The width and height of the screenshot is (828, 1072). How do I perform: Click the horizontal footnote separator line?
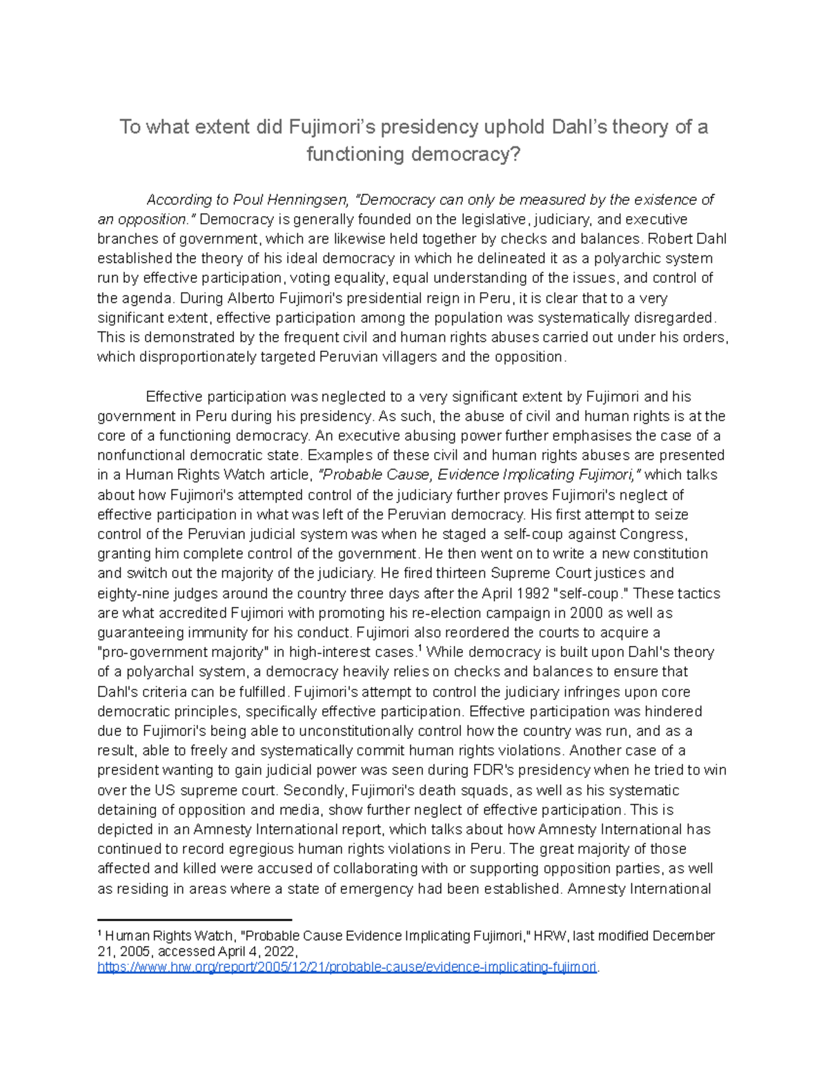click(x=195, y=920)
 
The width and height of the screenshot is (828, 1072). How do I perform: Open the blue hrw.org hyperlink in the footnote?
click(x=347, y=967)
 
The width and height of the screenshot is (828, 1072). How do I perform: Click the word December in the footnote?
click(x=682, y=937)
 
